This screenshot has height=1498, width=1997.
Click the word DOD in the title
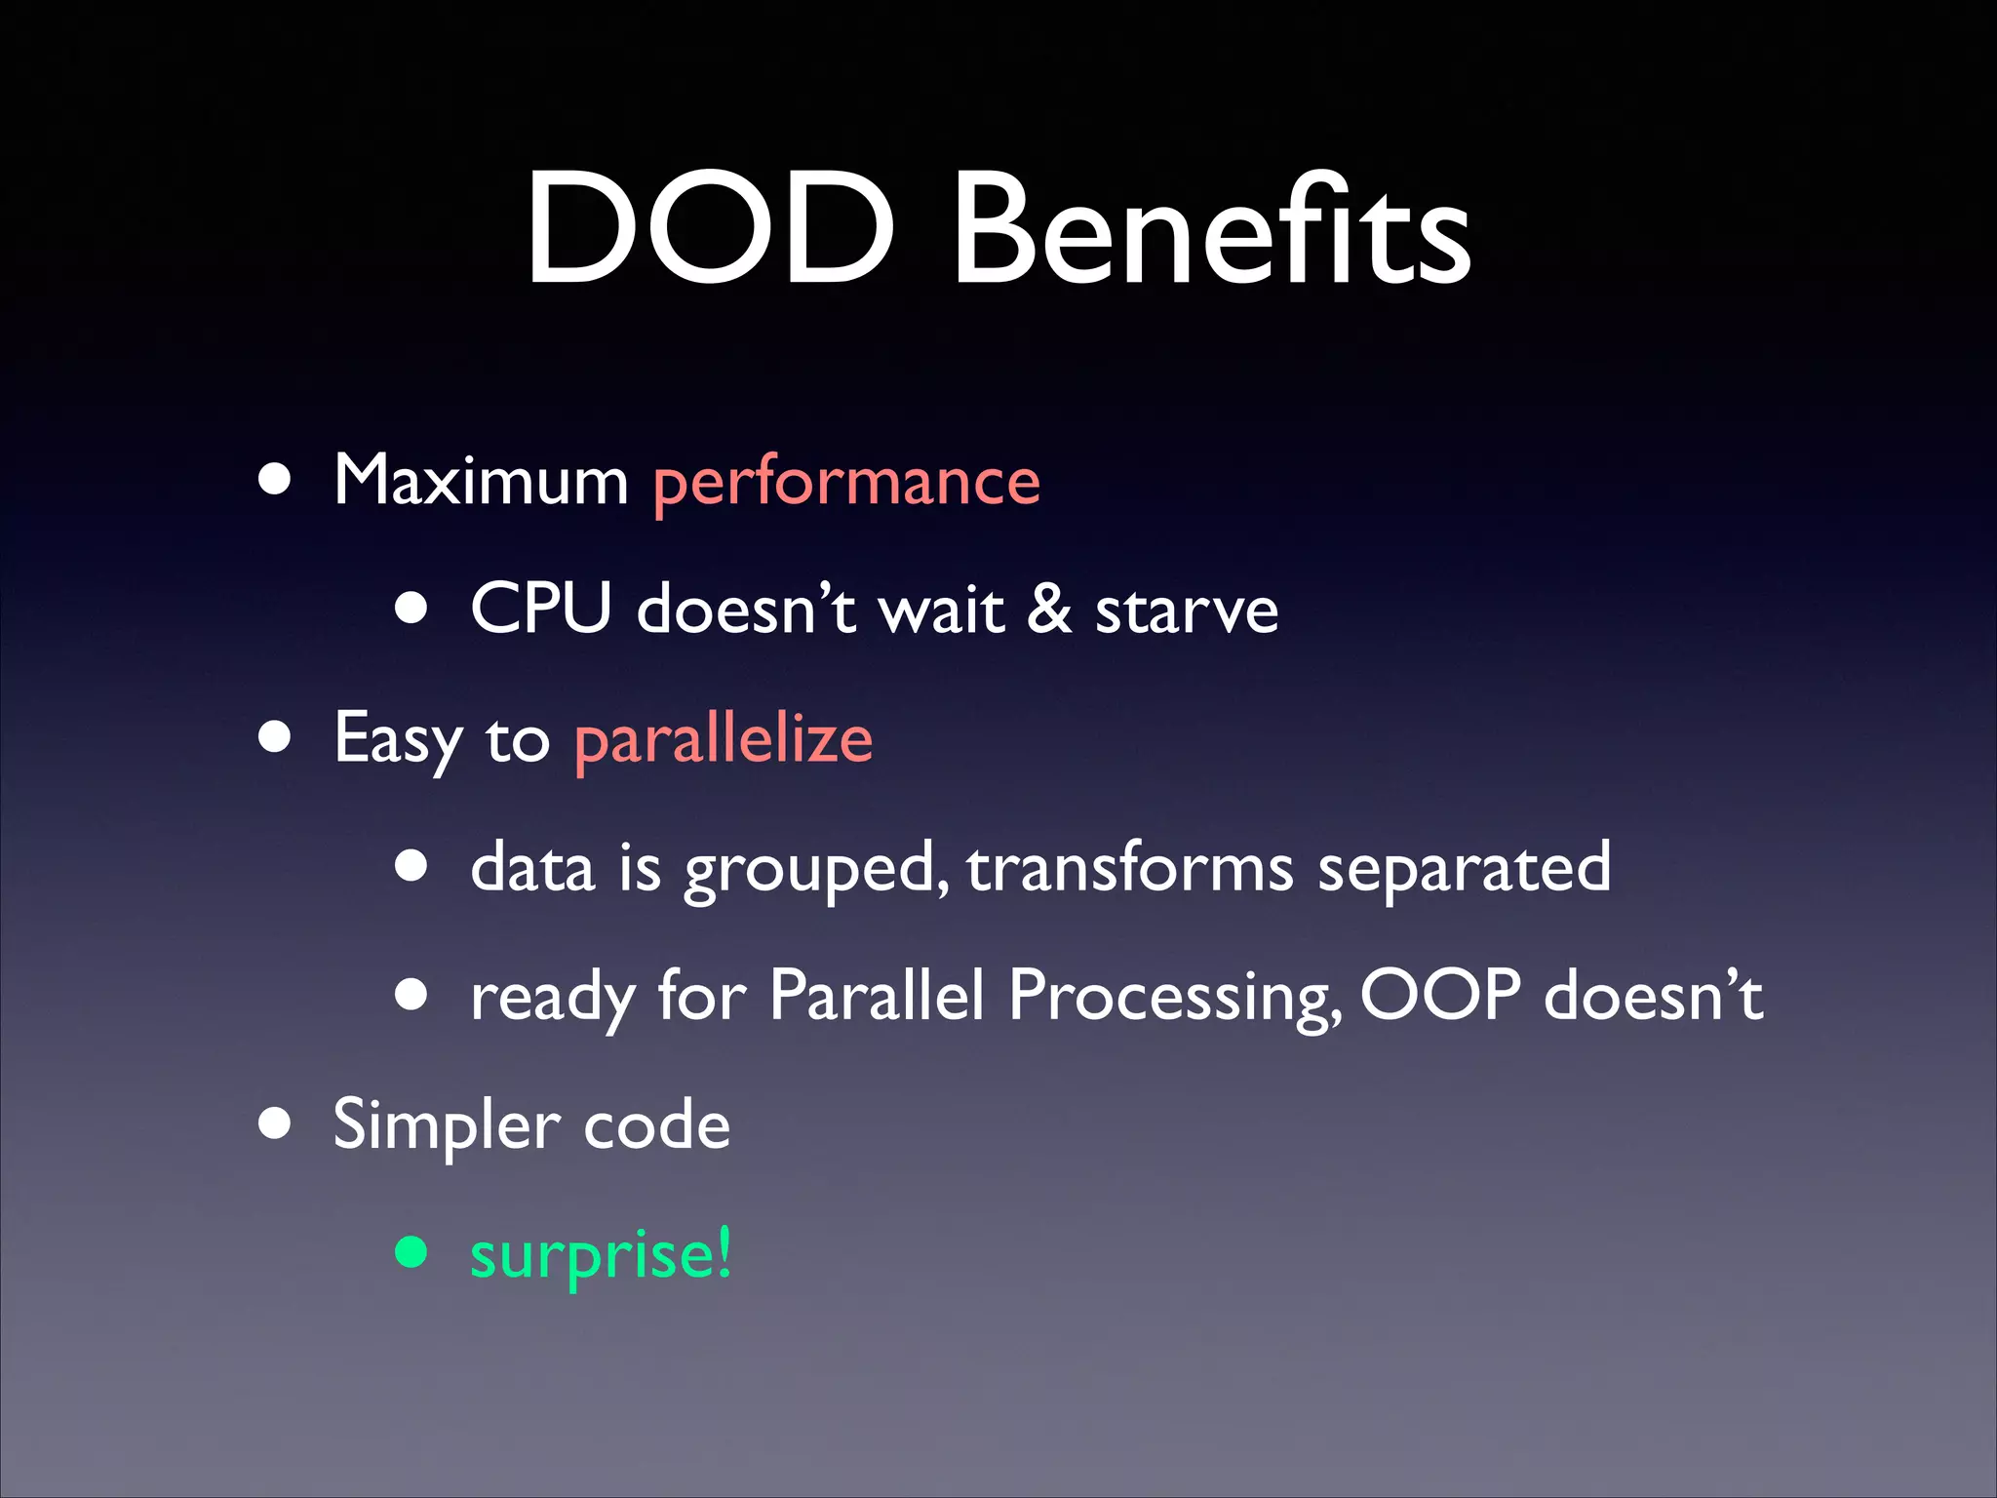tap(709, 230)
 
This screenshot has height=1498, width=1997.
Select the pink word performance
tap(846, 484)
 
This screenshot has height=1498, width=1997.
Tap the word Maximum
tap(481, 480)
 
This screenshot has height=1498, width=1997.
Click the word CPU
tap(540, 609)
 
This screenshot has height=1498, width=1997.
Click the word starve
tap(1186, 612)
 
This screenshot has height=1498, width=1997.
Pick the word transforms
tap(1130, 868)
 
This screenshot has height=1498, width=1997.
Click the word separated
tap(1464, 868)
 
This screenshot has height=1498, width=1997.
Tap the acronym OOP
tap(1439, 995)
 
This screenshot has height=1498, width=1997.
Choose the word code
tap(656, 1125)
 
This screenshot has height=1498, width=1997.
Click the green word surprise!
tap(601, 1256)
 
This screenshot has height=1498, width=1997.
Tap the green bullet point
tap(411, 1252)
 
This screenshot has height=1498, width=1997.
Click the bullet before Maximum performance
tap(275, 480)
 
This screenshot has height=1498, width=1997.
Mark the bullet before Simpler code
tap(275, 1123)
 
